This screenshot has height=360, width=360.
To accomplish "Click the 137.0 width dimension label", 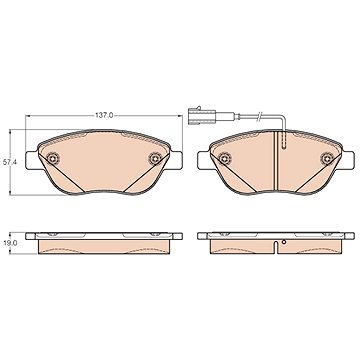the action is (104, 115).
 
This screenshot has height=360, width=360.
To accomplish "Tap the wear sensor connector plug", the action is (199, 116).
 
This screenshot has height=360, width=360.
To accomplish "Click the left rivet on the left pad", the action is (52, 159).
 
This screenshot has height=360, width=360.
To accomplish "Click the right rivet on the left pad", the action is (155, 159).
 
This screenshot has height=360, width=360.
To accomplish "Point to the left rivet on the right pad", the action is (224, 159).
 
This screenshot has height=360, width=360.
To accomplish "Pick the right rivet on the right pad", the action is (327, 159).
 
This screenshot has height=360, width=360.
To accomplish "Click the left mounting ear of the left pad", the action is (32, 160).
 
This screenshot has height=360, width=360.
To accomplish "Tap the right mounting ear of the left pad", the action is (176, 160).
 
